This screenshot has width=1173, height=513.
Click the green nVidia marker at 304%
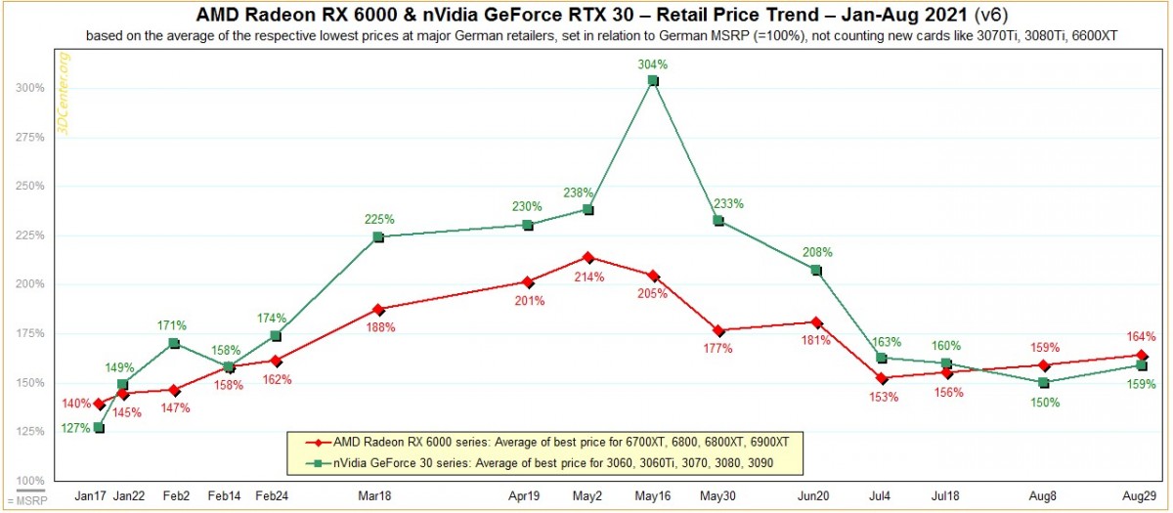[x=653, y=80]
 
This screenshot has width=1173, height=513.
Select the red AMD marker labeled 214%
[x=588, y=258]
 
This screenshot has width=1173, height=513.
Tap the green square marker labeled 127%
[x=99, y=428]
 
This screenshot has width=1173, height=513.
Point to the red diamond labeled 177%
[x=718, y=331]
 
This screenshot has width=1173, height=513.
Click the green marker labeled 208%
[x=816, y=271]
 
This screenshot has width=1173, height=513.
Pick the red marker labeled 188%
[x=378, y=310]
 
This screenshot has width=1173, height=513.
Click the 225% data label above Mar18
[x=379, y=219]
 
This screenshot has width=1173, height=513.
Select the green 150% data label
[x=1045, y=403]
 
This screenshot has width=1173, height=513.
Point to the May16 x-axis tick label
[x=653, y=496]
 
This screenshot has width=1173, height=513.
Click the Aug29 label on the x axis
[x=1139, y=496]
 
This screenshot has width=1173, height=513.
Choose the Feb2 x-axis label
[x=176, y=496]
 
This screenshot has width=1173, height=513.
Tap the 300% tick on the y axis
[x=30, y=88]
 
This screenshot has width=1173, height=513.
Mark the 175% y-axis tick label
[x=30, y=333]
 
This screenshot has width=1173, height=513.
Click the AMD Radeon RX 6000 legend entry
[x=547, y=443]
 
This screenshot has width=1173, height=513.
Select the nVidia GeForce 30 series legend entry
[x=540, y=463]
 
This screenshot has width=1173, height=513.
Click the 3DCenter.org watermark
[x=64, y=94]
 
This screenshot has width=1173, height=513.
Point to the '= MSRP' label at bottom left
[x=27, y=501]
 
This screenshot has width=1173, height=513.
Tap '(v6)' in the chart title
[x=991, y=15]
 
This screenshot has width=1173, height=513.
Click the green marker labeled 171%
[x=174, y=343]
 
